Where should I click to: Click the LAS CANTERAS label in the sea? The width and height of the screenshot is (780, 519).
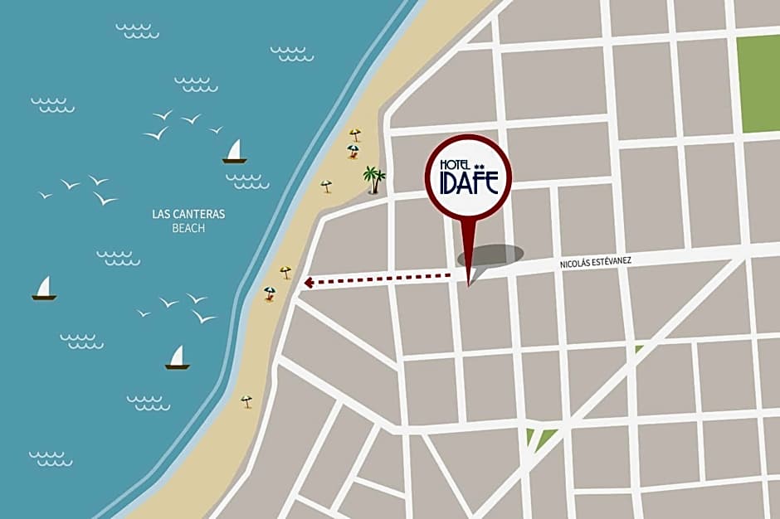click(188, 214)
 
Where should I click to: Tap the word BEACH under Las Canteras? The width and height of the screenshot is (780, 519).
click(188, 228)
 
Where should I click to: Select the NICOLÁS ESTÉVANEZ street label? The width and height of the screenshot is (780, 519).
click(596, 261)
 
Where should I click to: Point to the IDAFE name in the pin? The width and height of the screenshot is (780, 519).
click(469, 182)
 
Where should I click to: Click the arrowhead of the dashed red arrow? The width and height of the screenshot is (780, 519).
click(309, 283)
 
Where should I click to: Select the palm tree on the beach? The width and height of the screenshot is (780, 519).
click(374, 178)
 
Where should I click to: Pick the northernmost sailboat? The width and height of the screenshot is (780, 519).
click(235, 152)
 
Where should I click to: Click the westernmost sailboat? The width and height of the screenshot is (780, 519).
click(44, 289)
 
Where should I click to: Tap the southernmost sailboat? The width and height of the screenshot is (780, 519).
click(177, 358)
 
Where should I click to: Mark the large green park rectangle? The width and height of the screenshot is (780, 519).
click(759, 83)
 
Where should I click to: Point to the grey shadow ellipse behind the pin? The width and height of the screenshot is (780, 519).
click(490, 255)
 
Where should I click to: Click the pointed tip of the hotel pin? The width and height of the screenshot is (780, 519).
click(468, 285)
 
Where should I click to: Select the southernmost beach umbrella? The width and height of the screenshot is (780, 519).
click(246, 401)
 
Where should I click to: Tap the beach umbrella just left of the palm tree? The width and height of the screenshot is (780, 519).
click(326, 186)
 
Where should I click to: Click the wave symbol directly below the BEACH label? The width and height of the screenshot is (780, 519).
click(118, 258)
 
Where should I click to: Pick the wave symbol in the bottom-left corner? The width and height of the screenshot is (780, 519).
click(50, 458)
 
